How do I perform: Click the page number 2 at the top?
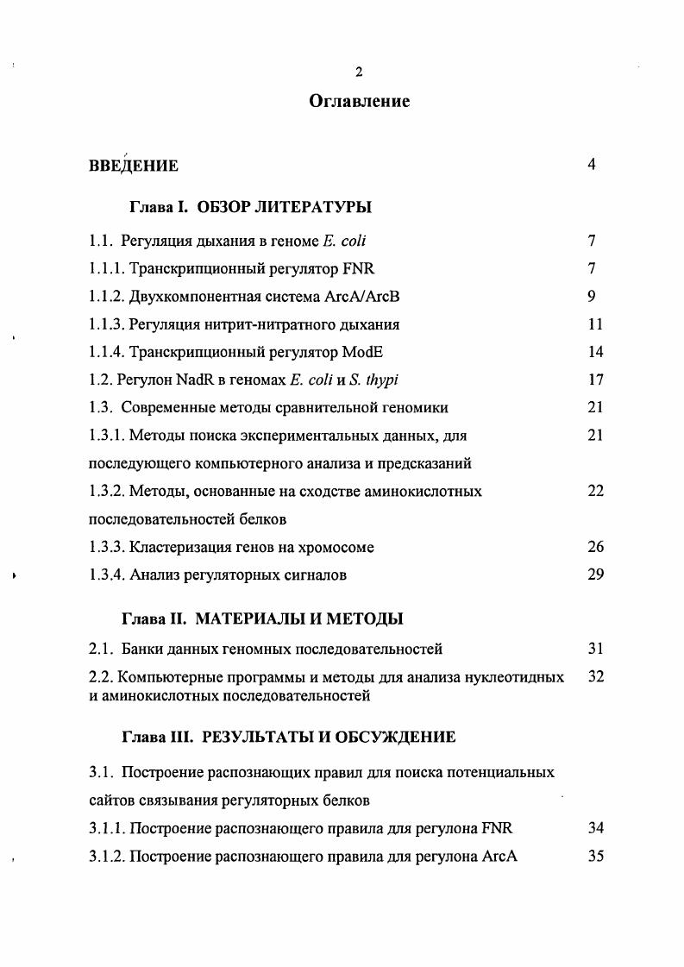(359, 72)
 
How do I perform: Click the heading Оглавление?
(359, 102)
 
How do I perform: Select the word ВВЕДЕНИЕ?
(134, 166)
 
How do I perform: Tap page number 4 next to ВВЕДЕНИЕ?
(592, 165)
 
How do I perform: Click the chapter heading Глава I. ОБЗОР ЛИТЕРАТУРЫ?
(250, 208)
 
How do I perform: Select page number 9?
(592, 297)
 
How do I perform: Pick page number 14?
(594, 352)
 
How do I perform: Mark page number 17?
(594, 380)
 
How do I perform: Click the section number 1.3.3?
(107, 547)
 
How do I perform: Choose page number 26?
(594, 547)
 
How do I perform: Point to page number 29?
(594, 575)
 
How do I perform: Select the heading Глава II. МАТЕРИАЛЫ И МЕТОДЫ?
(262, 619)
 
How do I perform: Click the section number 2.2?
(101, 677)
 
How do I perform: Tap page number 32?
(594, 677)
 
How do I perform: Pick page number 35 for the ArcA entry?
(594, 857)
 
